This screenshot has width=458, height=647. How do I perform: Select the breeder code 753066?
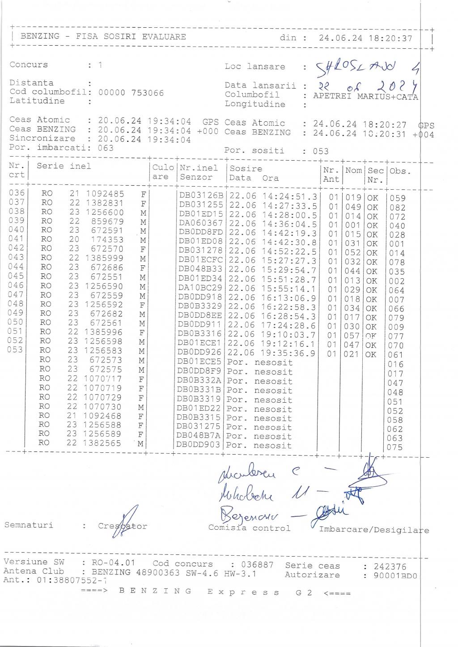148,93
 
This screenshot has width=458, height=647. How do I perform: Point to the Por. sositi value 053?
321,151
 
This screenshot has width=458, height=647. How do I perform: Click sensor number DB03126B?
201,196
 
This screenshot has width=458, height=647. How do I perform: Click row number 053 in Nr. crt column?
15,349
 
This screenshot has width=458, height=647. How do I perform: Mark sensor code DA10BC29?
200,288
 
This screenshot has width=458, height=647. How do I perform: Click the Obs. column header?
400,171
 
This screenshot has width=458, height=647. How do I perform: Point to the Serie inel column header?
64,166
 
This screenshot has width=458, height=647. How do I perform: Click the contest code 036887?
255,564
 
